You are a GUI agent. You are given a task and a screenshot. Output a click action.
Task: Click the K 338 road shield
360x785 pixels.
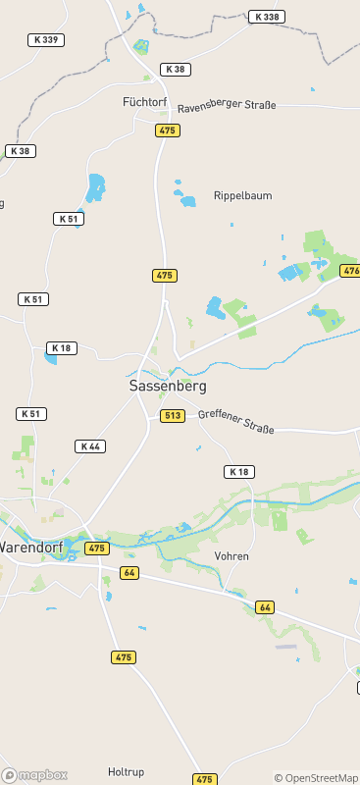(x=266, y=17)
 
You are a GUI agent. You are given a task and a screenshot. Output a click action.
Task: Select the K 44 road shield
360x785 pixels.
(x=90, y=446)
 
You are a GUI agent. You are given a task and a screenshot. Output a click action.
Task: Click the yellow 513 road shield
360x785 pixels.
(x=173, y=416)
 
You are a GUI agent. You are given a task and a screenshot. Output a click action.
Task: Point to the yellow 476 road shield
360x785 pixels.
(x=350, y=270)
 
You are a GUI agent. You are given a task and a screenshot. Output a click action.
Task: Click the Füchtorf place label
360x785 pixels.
(x=145, y=101)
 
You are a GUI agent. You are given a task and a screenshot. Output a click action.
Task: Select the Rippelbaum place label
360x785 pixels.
(x=242, y=196)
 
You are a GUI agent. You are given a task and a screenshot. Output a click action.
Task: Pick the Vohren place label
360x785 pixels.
(x=231, y=556)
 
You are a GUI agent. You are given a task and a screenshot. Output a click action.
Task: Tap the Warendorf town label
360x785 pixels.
(x=30, y=547)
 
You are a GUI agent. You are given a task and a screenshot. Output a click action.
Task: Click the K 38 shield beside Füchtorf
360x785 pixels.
(x=175, y=70)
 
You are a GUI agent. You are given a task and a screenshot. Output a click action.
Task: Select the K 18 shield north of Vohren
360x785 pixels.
(x=238, y=472)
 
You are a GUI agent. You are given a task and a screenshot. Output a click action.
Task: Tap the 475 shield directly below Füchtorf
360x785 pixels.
(x=168, y=131)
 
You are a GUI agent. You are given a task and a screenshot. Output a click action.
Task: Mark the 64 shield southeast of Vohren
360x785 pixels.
(x=265, y=607)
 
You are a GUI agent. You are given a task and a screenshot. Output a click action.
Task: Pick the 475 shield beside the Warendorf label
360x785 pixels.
(x=96, y=549)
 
